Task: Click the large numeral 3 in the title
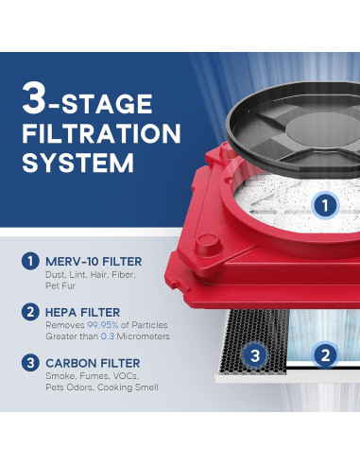click(34, 98)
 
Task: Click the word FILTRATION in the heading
click(101, 133)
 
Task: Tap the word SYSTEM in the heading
click(78, 163)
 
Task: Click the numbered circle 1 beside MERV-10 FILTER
click(30, 261)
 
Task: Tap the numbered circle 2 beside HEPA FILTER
click(30, 312)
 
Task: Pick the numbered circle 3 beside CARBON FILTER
click(30, 363)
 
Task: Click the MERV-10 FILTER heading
click(94, 262)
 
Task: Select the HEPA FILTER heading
click(83, 312)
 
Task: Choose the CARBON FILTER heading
click(93, 363)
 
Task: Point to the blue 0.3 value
click(108, 336)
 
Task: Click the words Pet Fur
click(60, 285)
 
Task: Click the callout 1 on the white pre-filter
click(325, 206)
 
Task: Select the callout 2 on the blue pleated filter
click(325, 355)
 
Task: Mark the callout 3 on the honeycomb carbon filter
click(255, 355)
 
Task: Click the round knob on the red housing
click(209, 244)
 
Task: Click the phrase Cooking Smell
click(128, 387)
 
